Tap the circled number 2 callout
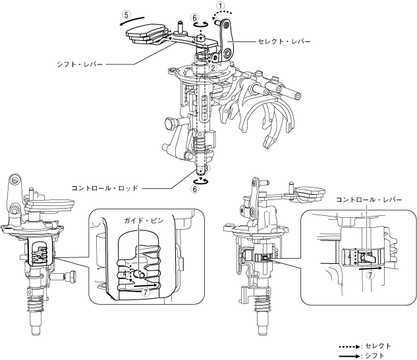click(213, 67)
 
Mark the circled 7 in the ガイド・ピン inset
click(146, 292)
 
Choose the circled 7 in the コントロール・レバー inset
click(370, 276)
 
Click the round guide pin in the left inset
click(139, 269)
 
